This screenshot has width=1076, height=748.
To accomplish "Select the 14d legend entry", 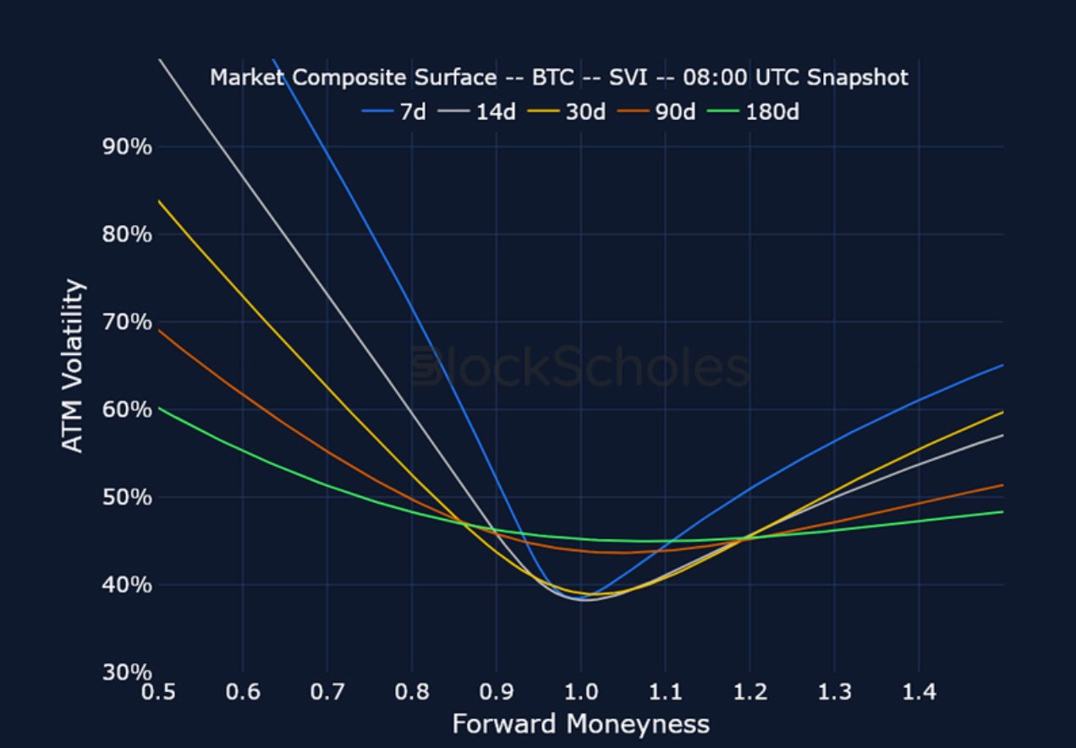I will [x=485, y=112].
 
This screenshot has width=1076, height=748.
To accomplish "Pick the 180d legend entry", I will [x=760, y=112].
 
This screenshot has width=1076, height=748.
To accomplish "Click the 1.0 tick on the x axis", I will [x=580, y=693].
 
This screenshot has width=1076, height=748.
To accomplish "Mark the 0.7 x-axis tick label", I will [x=327, y=693].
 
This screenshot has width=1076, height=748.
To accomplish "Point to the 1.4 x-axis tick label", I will [x=919, y=693].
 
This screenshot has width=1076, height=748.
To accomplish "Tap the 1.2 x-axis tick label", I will [x=749, y=693].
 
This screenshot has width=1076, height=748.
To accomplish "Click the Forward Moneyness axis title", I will [x=580, y=724].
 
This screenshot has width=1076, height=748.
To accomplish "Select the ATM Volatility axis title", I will [x=74, y=366].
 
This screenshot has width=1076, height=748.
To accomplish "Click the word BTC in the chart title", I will [x=551, y=78].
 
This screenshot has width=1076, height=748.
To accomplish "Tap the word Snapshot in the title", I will [x=858, y=78].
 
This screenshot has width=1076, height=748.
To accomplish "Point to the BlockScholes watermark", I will [x=580, y=369].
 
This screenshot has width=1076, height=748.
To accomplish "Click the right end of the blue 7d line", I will [x=1002, y=365].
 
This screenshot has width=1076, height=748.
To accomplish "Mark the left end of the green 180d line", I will [x=159, y=407].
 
